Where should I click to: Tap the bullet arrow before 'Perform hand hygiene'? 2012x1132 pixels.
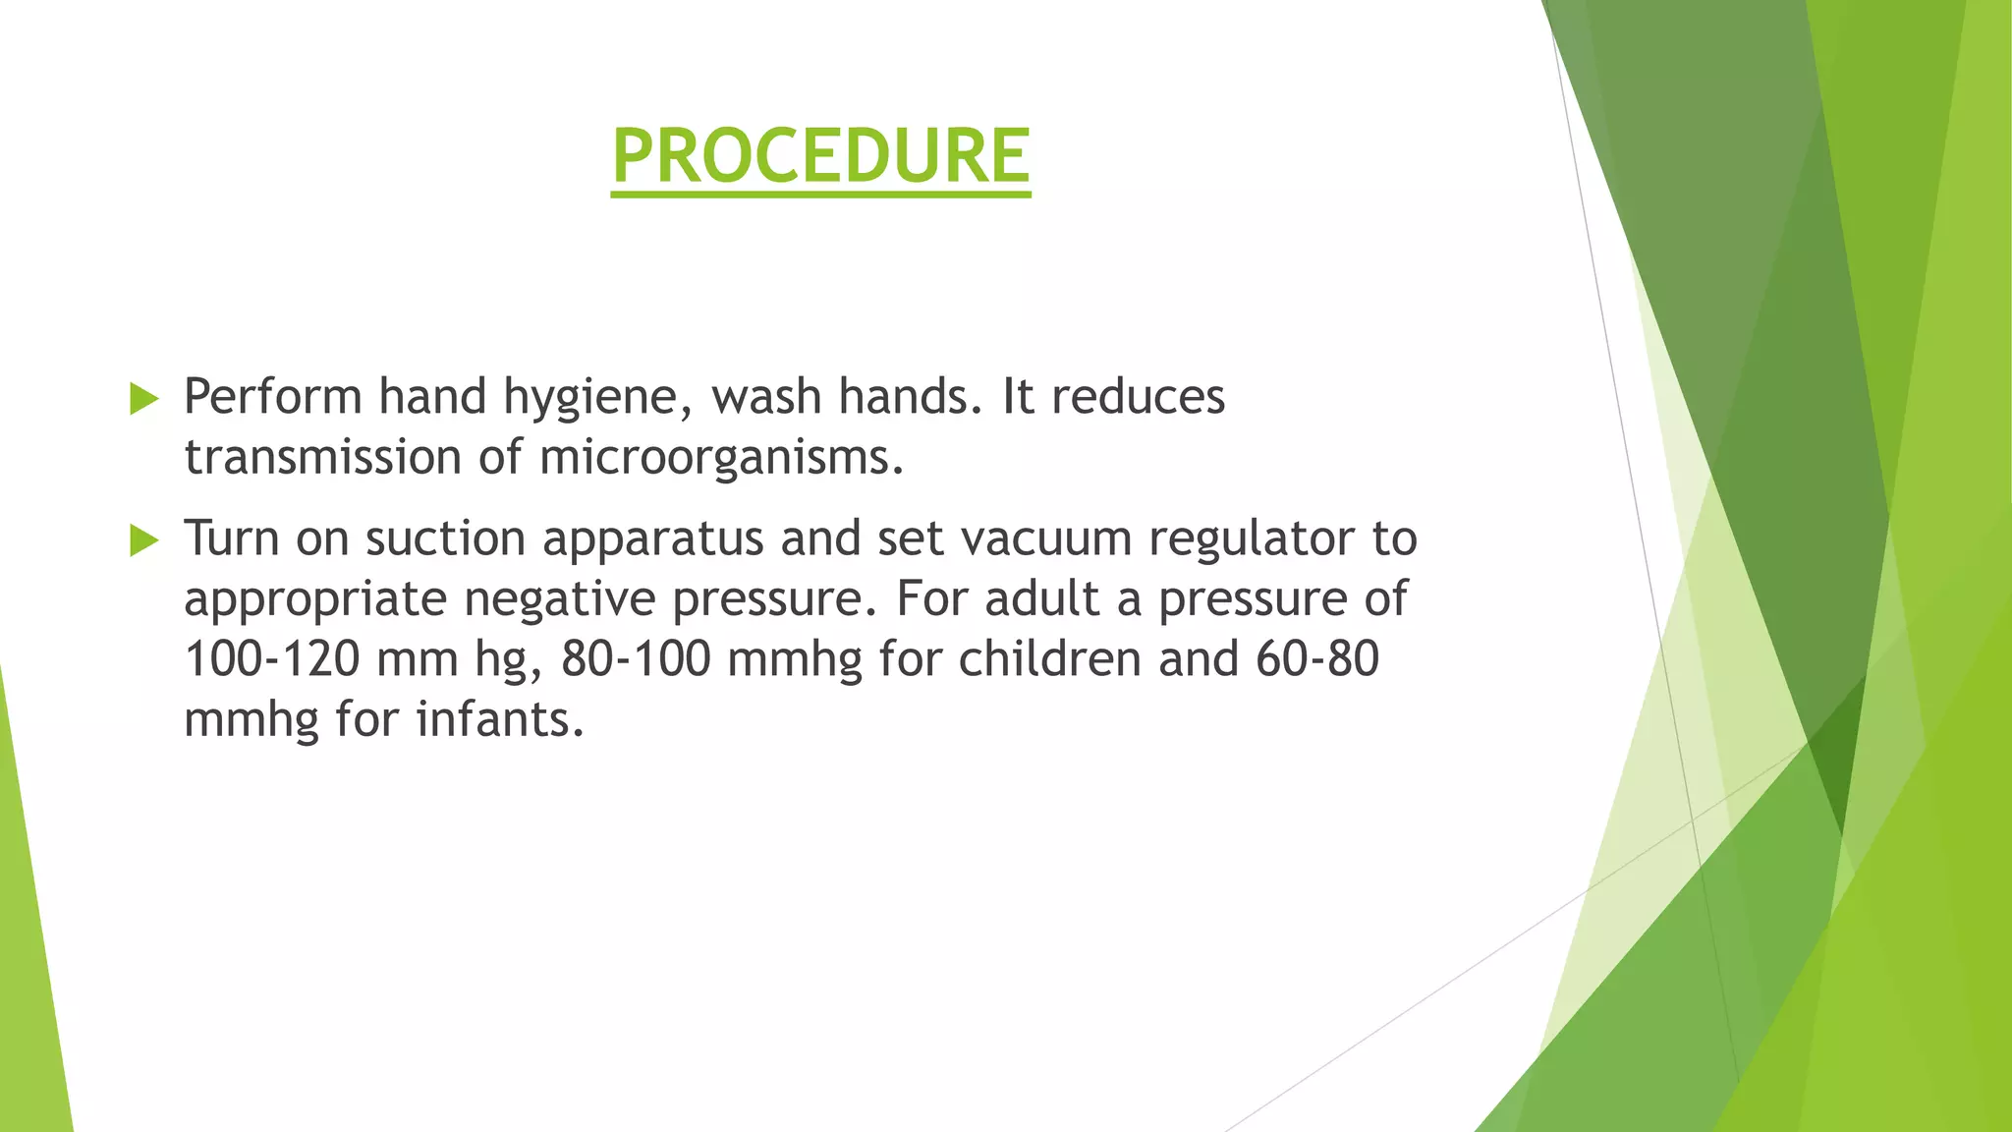click(143, 399)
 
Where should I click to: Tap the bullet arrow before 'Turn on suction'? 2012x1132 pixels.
click(143, 540)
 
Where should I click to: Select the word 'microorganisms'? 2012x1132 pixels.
click(720, 458)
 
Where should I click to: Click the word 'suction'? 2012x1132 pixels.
click(445, 539)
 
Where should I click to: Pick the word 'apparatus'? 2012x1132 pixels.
click(652, 539)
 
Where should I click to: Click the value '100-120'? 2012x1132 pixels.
click(271, 659)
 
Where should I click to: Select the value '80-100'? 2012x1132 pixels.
click(636, 659)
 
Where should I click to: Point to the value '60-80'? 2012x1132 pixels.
click(1316, 659)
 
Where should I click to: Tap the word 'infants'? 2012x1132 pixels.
click(499, 720)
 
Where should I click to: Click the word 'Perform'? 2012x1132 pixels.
click(273, 397)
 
